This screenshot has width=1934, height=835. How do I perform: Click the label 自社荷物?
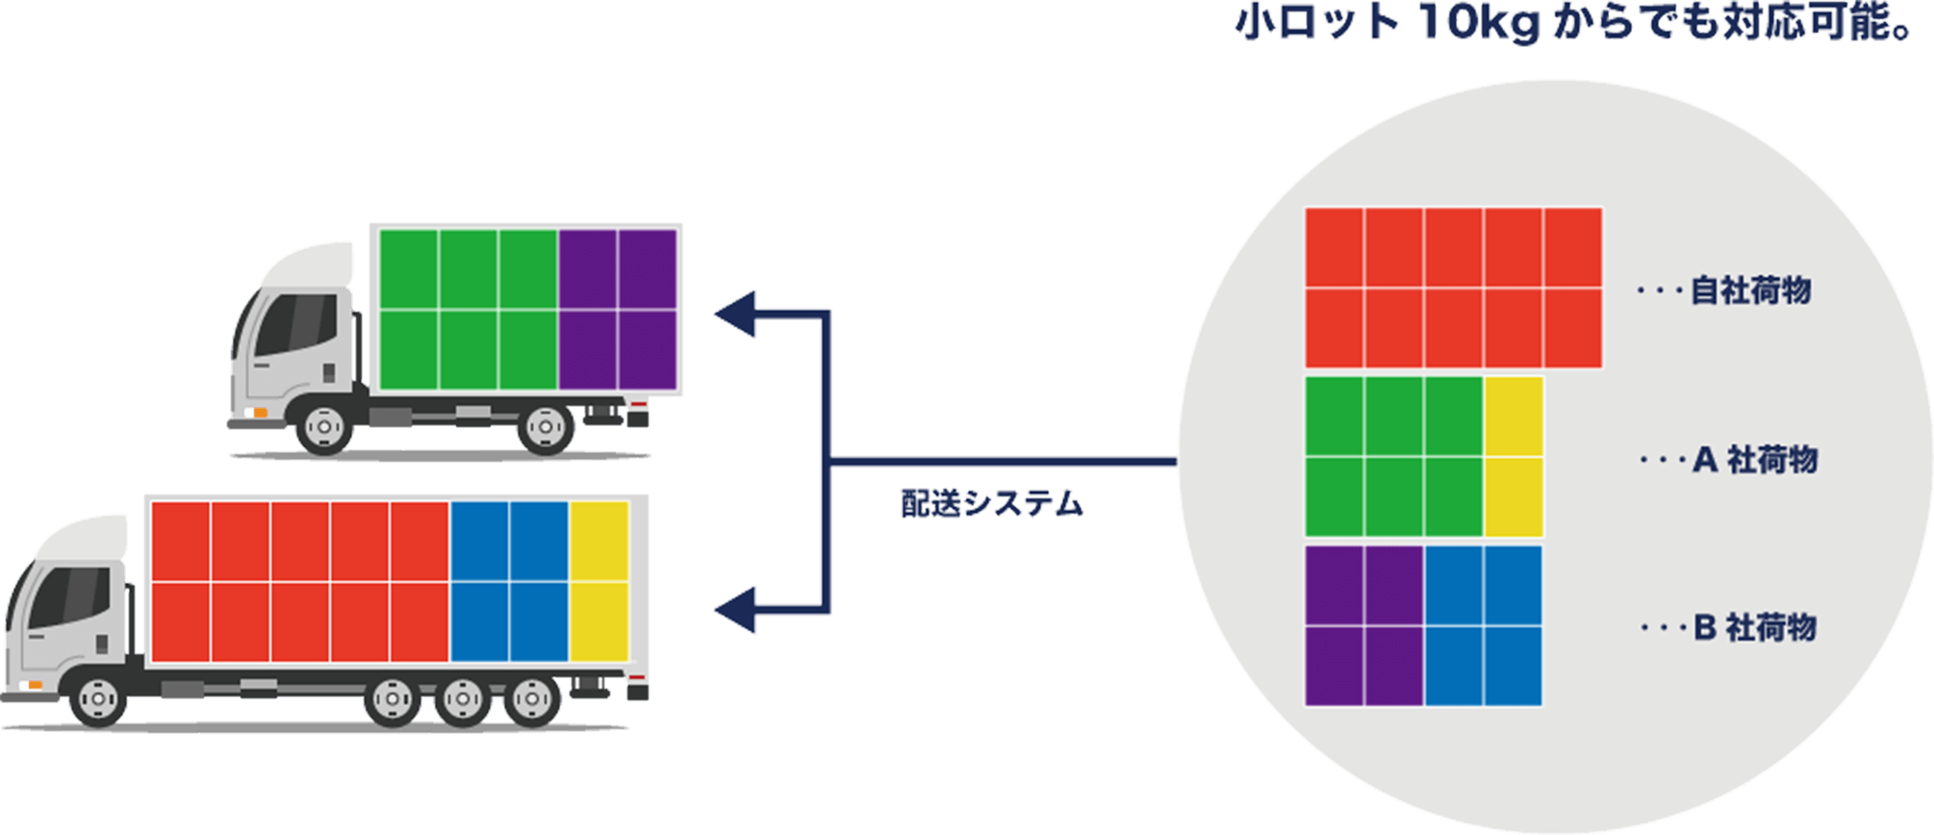point(1750,290)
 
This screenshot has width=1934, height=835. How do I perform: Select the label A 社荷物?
point(1755,460)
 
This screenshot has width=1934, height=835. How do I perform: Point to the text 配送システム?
point(991,504)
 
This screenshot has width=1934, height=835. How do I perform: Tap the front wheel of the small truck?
point(323,425)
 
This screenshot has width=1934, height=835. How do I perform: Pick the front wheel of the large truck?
point(98,696)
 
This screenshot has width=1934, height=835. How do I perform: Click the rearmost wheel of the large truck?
point(532,697)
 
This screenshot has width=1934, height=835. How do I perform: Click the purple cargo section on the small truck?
point(619,310)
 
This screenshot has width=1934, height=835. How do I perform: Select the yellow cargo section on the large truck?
point(598,581)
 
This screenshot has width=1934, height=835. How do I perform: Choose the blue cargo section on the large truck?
point(509,581)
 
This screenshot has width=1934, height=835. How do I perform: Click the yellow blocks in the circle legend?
point(1513,456)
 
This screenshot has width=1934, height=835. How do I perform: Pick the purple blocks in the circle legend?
point(1363,626)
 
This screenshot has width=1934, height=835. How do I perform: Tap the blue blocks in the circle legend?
point(1483,626)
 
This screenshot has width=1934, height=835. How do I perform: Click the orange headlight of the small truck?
point(259,413)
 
